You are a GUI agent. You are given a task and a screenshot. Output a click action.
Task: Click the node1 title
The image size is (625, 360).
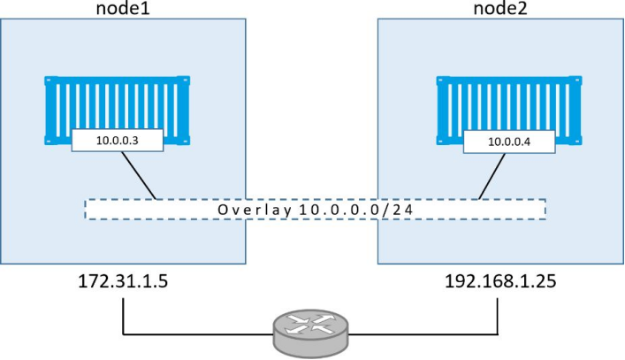click(123, 8)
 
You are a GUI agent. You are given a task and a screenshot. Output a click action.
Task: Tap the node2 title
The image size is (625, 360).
click(500, 8)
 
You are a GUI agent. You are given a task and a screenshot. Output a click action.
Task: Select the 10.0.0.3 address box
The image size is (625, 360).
click(118, 141)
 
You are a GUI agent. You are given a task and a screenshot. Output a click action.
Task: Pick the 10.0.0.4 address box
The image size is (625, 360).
click(509, 142)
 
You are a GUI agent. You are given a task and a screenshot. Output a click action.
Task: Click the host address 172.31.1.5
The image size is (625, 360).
click(123, 281)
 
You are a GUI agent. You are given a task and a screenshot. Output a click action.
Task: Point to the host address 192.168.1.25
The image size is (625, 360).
click(500, 281)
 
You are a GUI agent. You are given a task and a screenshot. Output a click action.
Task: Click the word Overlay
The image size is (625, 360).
click(255, 210)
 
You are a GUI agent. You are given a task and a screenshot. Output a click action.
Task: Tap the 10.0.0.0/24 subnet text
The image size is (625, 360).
click(356, 210)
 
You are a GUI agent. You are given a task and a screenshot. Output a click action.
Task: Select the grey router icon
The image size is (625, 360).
click(310, 333)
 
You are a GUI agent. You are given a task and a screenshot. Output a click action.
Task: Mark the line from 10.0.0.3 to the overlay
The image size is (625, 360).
click(139, 175)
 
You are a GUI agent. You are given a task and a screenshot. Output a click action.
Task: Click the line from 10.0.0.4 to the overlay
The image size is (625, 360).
click(492, 176)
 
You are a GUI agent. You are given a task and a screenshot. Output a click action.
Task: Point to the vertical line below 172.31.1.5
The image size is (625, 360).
click(123, 316)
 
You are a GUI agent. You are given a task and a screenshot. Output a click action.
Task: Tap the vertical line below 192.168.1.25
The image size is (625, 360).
click(498, 316)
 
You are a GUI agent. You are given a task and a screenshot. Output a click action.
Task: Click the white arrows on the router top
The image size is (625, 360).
click(310, 324)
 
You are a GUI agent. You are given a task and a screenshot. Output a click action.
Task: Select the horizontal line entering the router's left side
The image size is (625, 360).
click(198, 333)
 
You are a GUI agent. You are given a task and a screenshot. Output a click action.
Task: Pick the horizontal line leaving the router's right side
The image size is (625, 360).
click(423, 333)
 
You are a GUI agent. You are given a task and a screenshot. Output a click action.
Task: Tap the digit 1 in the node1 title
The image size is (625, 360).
click(146, 8)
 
